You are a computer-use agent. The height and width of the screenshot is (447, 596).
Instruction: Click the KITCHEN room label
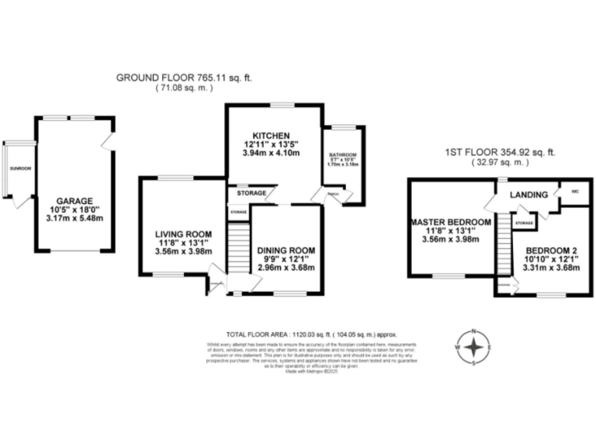click(270, 133)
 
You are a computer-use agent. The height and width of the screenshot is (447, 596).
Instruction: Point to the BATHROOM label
click(341, 154)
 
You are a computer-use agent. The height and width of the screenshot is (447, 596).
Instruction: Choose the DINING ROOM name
click(286, 250)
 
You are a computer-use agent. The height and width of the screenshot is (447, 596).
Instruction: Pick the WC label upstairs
click(575, 190)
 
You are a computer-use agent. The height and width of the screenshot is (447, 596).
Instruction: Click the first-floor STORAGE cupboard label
click(525, 224)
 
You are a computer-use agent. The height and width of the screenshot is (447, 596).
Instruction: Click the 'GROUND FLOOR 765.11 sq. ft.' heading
click(184, 78)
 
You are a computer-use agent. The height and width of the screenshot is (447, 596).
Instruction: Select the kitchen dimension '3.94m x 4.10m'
click(270, 154)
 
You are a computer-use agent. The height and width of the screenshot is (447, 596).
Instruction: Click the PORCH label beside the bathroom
click(332, 194)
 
